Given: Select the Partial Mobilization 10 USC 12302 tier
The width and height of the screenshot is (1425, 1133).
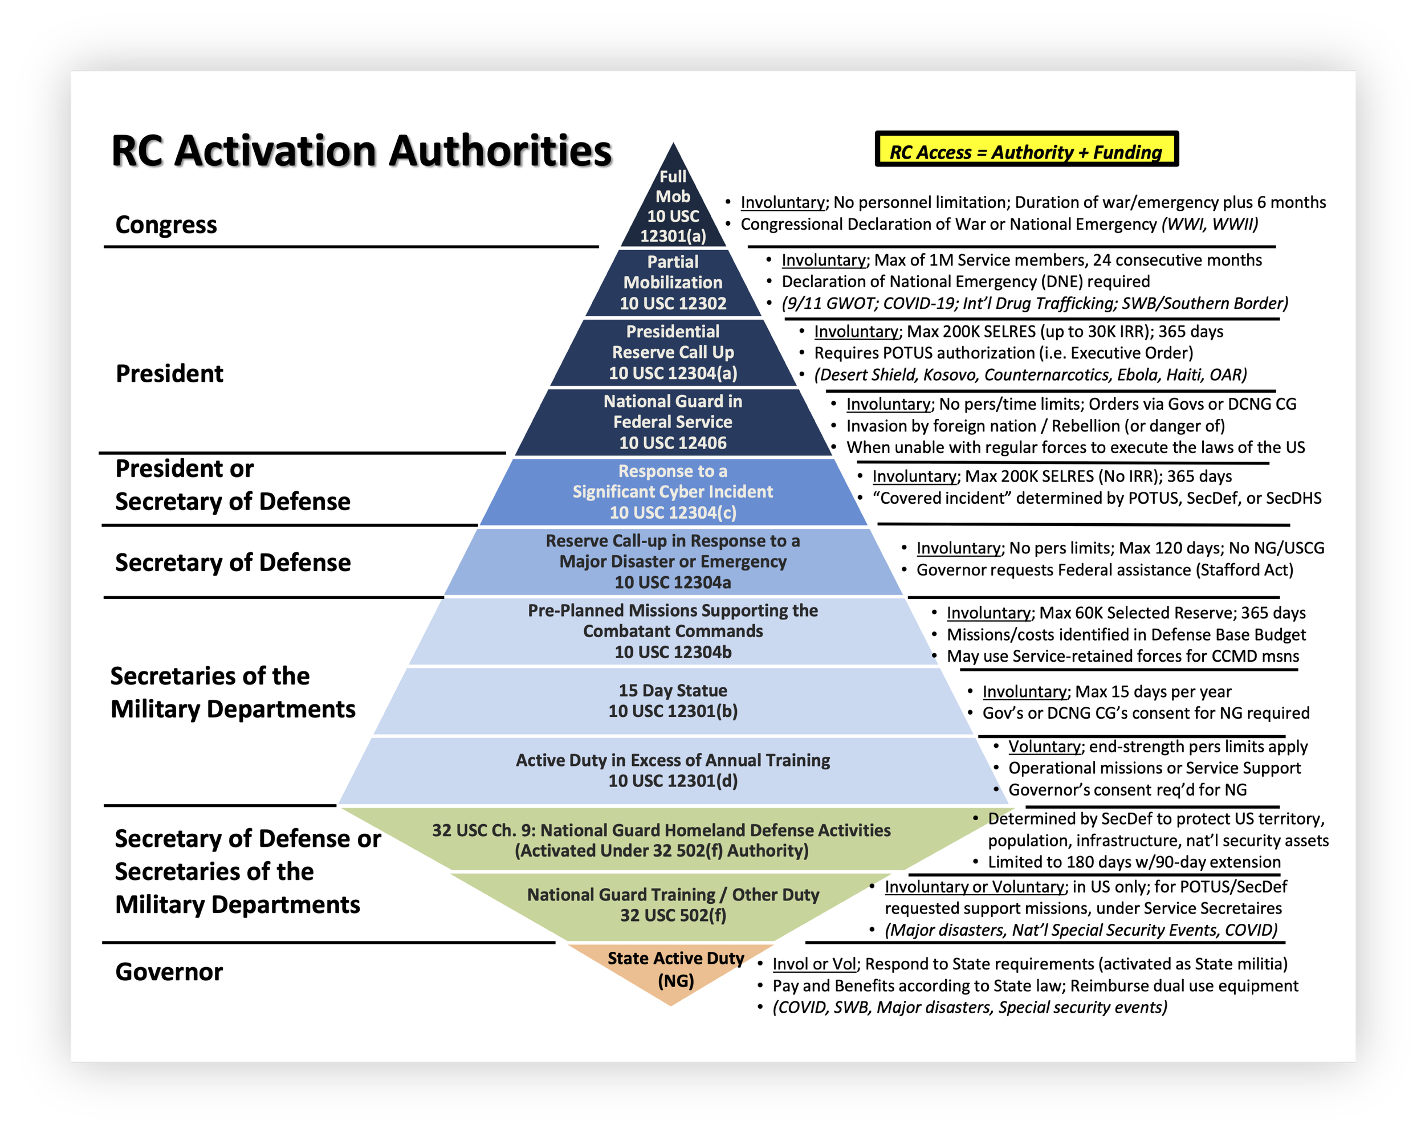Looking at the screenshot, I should tap(673, 283).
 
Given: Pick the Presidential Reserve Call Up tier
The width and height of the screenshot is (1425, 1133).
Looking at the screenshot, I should tap(673, 352).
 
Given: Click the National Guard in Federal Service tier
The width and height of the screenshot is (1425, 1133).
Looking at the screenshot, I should tap(673, 422).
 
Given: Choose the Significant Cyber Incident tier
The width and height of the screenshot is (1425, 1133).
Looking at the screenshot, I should tap(673, 492).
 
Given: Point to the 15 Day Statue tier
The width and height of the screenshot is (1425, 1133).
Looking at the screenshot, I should tap(673, 700).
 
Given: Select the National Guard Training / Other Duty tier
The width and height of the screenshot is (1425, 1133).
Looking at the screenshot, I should tap(673, 905).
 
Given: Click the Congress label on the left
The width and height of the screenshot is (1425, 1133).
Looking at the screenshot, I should tap(166, 225).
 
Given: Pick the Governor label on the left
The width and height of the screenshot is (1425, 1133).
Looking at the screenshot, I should tap(169, 972).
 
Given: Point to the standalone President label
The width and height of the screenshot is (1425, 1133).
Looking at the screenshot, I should tap(169, 373).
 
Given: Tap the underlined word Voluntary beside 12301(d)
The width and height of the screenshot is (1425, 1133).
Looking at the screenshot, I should tap(1044, 747).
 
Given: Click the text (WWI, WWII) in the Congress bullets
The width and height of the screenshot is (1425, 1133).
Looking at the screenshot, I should tap(1210, 225).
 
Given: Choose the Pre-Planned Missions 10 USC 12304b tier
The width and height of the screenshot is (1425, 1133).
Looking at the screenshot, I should tap(673, 631).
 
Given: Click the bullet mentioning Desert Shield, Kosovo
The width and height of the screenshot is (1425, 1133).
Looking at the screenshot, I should tap(1030, 376).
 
